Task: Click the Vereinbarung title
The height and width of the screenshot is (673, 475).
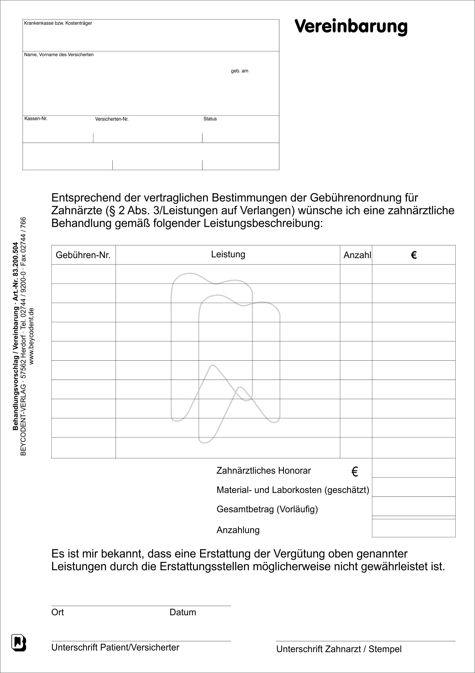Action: pos(351,26)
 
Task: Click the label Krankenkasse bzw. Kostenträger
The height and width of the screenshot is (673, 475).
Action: pos(58,23)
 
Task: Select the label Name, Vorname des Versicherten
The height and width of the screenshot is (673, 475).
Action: pos(59,55)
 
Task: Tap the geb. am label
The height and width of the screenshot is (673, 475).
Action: pos(239,71)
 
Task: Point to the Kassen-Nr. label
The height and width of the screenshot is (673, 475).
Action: pos(36,118)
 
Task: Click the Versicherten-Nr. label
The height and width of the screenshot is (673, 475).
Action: pos(112,119)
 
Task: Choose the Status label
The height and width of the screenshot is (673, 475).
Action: pos(210,119)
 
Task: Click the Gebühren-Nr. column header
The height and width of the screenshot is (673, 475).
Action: pos(83,255)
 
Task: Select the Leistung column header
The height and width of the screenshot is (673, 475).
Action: pos(228,254)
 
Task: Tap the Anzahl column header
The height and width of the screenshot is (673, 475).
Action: pos(357,255)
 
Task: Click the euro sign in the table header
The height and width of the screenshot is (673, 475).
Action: pos(414,255)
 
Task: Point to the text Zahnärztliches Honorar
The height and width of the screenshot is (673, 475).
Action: pos(264,470)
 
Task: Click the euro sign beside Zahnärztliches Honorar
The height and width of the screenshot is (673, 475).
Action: pos(354,472)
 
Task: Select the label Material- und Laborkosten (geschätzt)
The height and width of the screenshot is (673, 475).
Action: pos(293,490)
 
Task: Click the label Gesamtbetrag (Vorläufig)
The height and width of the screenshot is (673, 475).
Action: pos(267,509)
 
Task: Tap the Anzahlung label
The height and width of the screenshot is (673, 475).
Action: pos(238,530)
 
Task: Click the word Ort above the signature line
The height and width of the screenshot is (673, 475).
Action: pos(58,612)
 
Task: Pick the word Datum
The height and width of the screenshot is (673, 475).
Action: pos(182,612)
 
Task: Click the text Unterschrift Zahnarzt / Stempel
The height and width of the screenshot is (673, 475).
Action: pos(338,649)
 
